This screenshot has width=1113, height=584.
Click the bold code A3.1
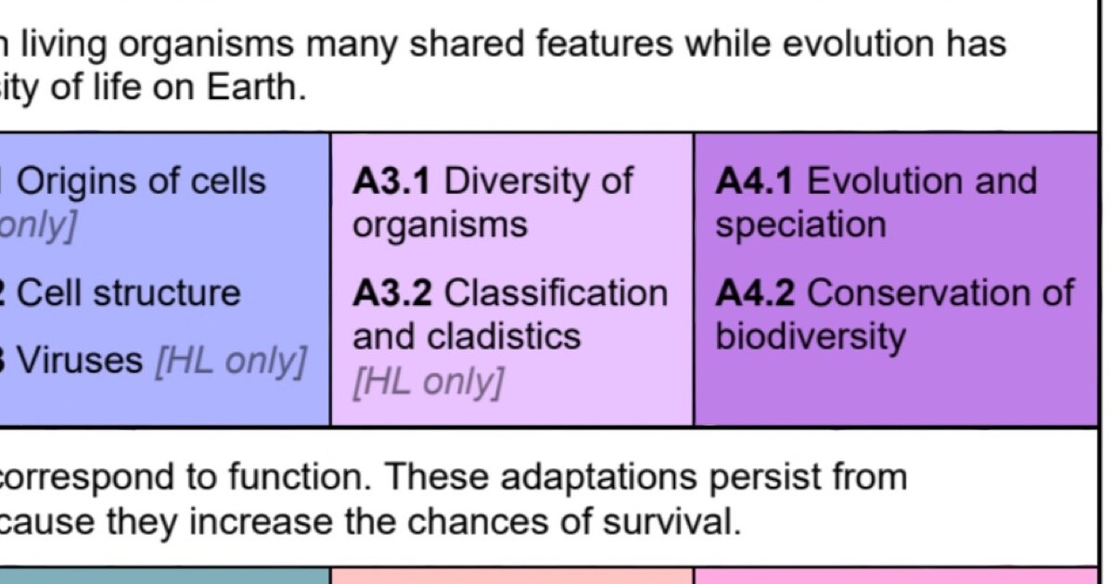pyautogui.click(x=391, y=181)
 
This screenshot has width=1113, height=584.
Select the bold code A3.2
pyautogui.click(x=392, y=293)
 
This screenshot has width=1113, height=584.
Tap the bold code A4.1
pyautogui.click(x=754, y=181)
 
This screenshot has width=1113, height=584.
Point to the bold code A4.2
pyautogui.click(x=755, y=293)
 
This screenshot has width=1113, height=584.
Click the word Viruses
pyautogui.click(x=80, y=360)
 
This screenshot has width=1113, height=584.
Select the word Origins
pyautogui.click(x=76, y=183)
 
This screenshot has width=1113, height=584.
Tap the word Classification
pyautogui.click(x=556, y=293)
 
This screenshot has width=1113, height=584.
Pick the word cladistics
pyautogui.click(x=504, y=336)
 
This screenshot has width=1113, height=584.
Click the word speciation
pyautogui.click(x=801, y=226)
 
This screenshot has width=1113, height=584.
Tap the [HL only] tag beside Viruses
pyautogui.click(x=231, y=362)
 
